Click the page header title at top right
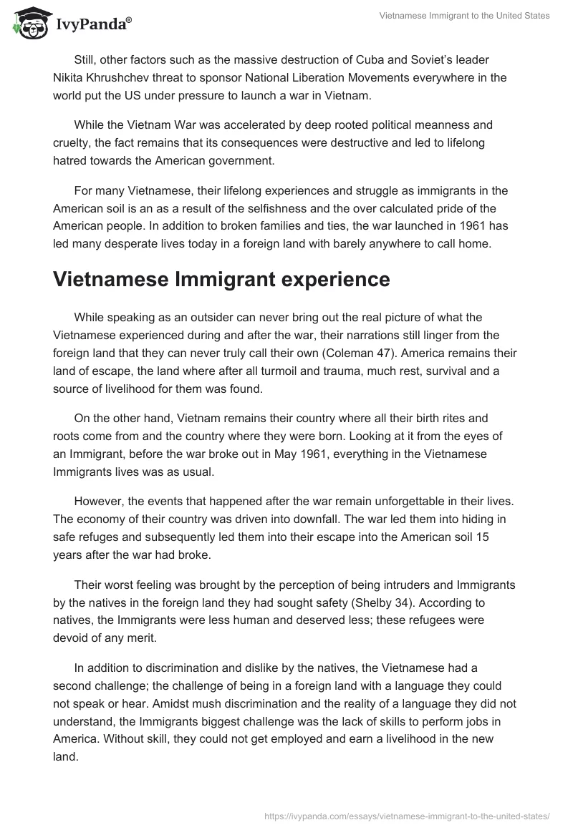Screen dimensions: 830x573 tap(464, 16)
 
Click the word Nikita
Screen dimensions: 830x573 tap(71, 77)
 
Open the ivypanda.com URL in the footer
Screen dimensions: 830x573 tap(405, 814)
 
